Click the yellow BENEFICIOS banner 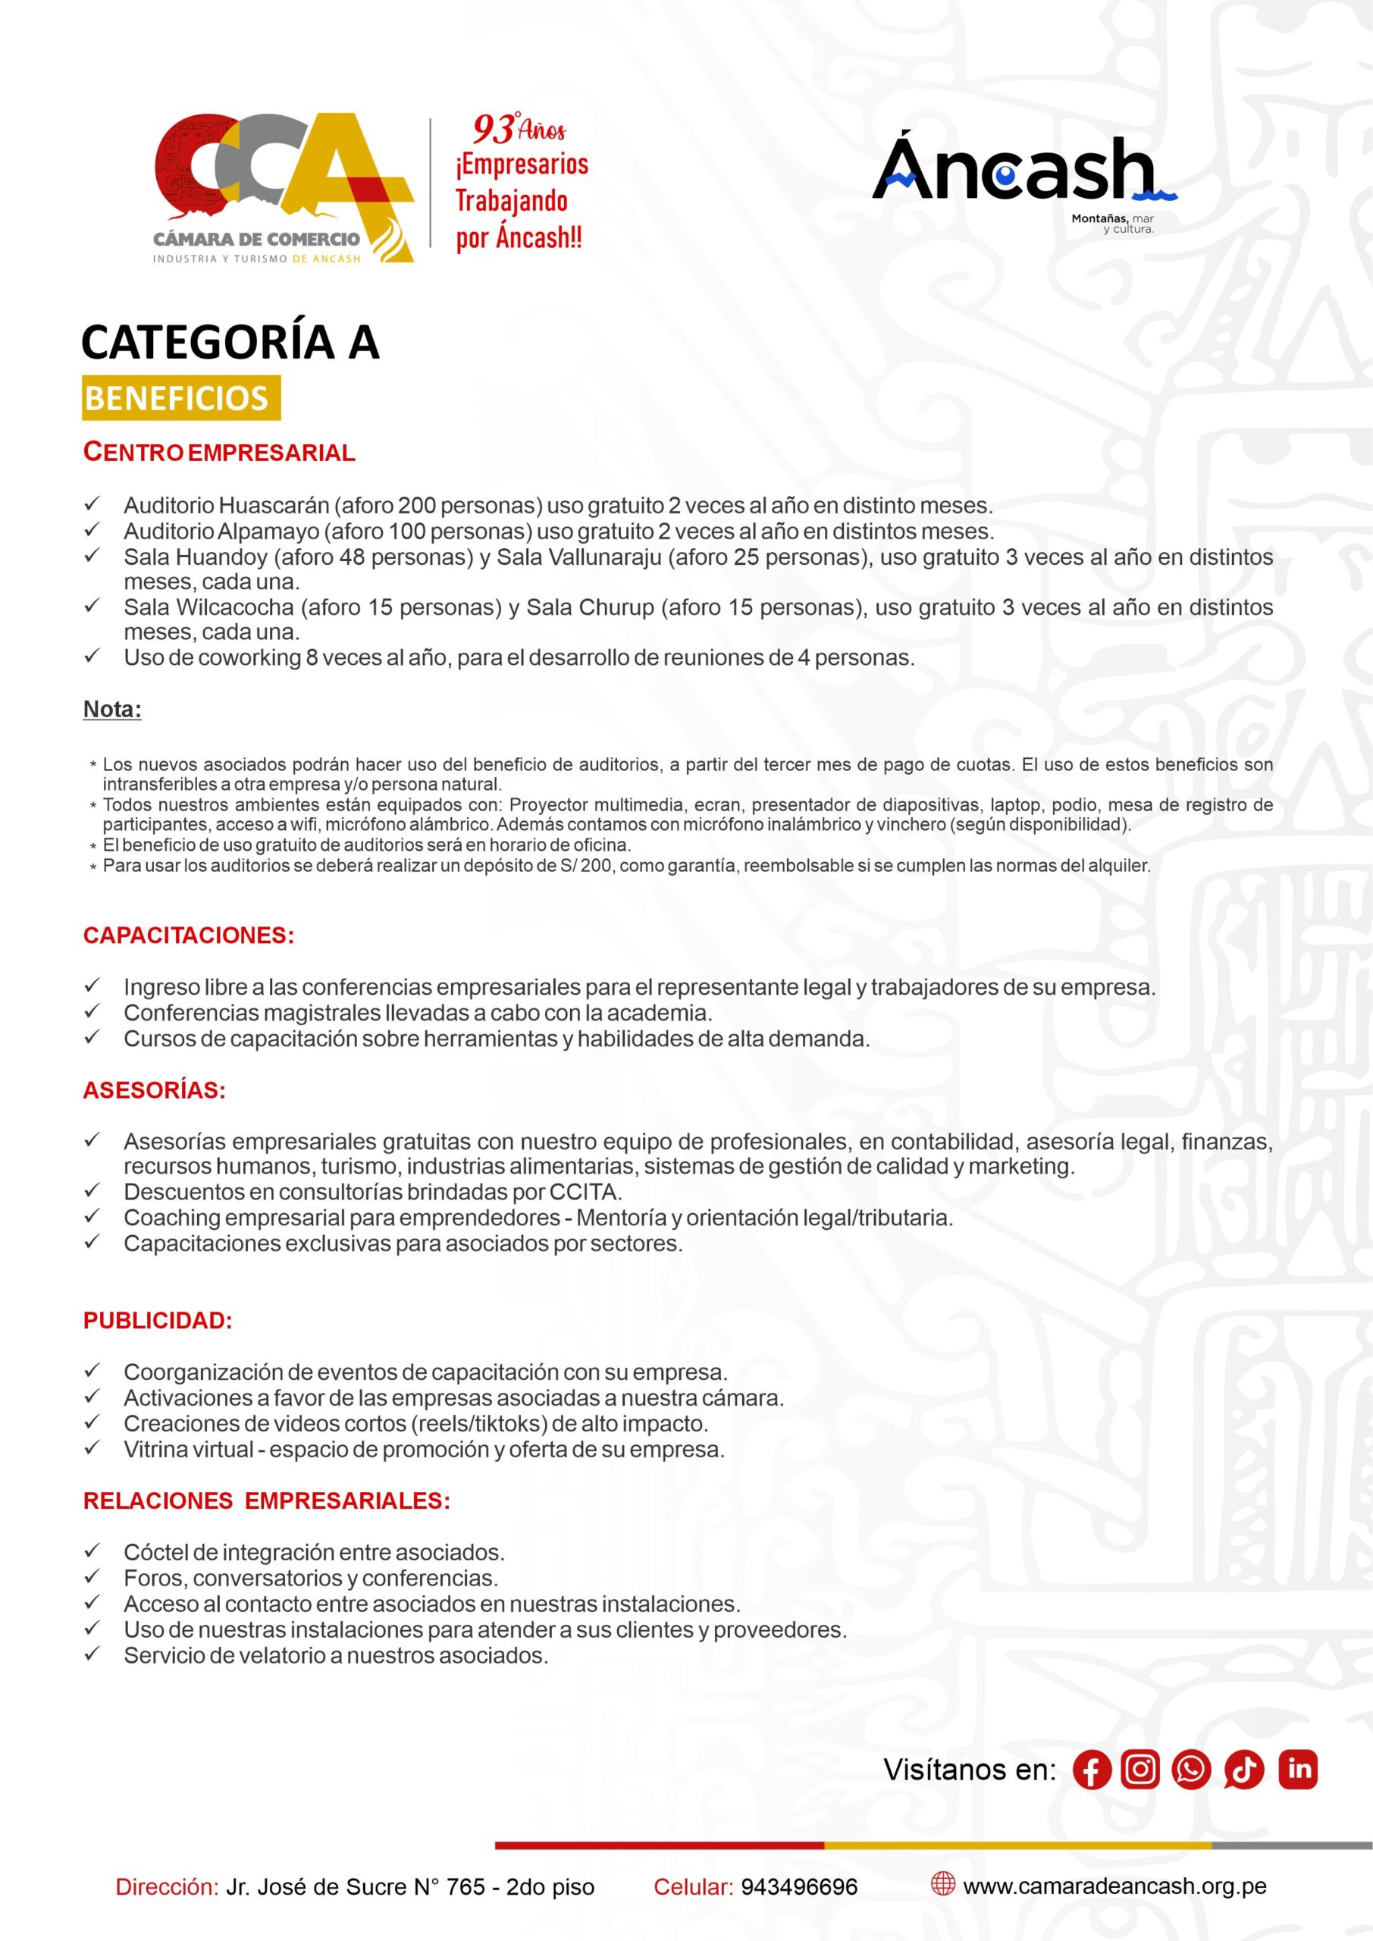(x=181, y=398)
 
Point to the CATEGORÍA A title (x=230, y=341)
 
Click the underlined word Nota (x=111, y=709)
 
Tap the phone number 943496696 (x=799, y=1887)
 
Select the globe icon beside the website (x=942, y=1883)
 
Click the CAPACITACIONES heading (x=189, y=936)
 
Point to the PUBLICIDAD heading (x=157, y=1322)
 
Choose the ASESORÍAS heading (x=154, y=1090)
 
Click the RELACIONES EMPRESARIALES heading (x=266, y=1501)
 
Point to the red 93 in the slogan (x=493, y=130)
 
